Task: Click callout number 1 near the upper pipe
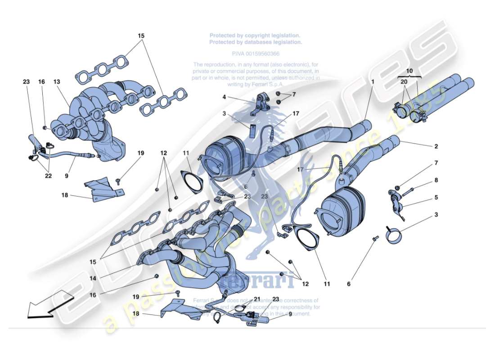tap(373, 82)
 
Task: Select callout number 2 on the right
tap(436, 146)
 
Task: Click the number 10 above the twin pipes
tap(409, 71)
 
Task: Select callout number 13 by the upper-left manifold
tap(56, 82)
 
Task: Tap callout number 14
tap(92, 279)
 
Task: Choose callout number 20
tap(404, 82)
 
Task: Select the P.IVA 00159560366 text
tap(255, 53)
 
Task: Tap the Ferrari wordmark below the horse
tap(255, 281)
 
